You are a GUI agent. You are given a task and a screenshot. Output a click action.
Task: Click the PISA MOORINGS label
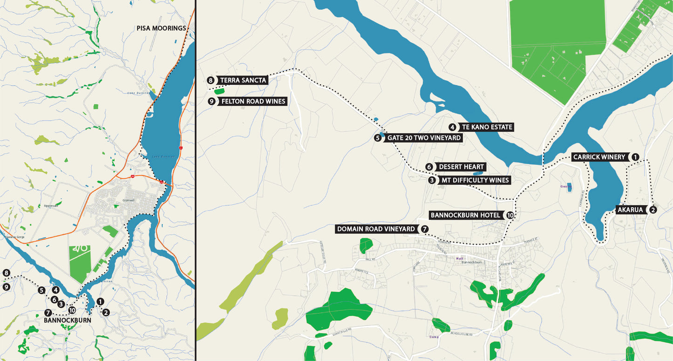161,28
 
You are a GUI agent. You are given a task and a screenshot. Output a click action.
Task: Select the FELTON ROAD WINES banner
253,101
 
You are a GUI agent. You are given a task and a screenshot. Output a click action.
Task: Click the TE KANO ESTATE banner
487,127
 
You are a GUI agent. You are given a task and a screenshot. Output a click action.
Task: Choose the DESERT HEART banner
461,167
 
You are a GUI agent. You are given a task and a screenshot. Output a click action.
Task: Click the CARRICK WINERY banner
599,157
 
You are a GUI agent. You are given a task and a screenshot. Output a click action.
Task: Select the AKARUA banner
630,210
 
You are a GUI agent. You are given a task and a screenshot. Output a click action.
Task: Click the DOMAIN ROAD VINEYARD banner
376,229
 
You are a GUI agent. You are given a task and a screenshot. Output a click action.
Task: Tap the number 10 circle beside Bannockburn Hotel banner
510,215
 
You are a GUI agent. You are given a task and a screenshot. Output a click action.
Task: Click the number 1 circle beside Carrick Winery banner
635,157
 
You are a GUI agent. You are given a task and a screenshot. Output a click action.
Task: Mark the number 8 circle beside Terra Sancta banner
211,80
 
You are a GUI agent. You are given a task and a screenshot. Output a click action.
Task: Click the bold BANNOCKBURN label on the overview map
67,320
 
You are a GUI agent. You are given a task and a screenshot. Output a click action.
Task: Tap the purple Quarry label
566,185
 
